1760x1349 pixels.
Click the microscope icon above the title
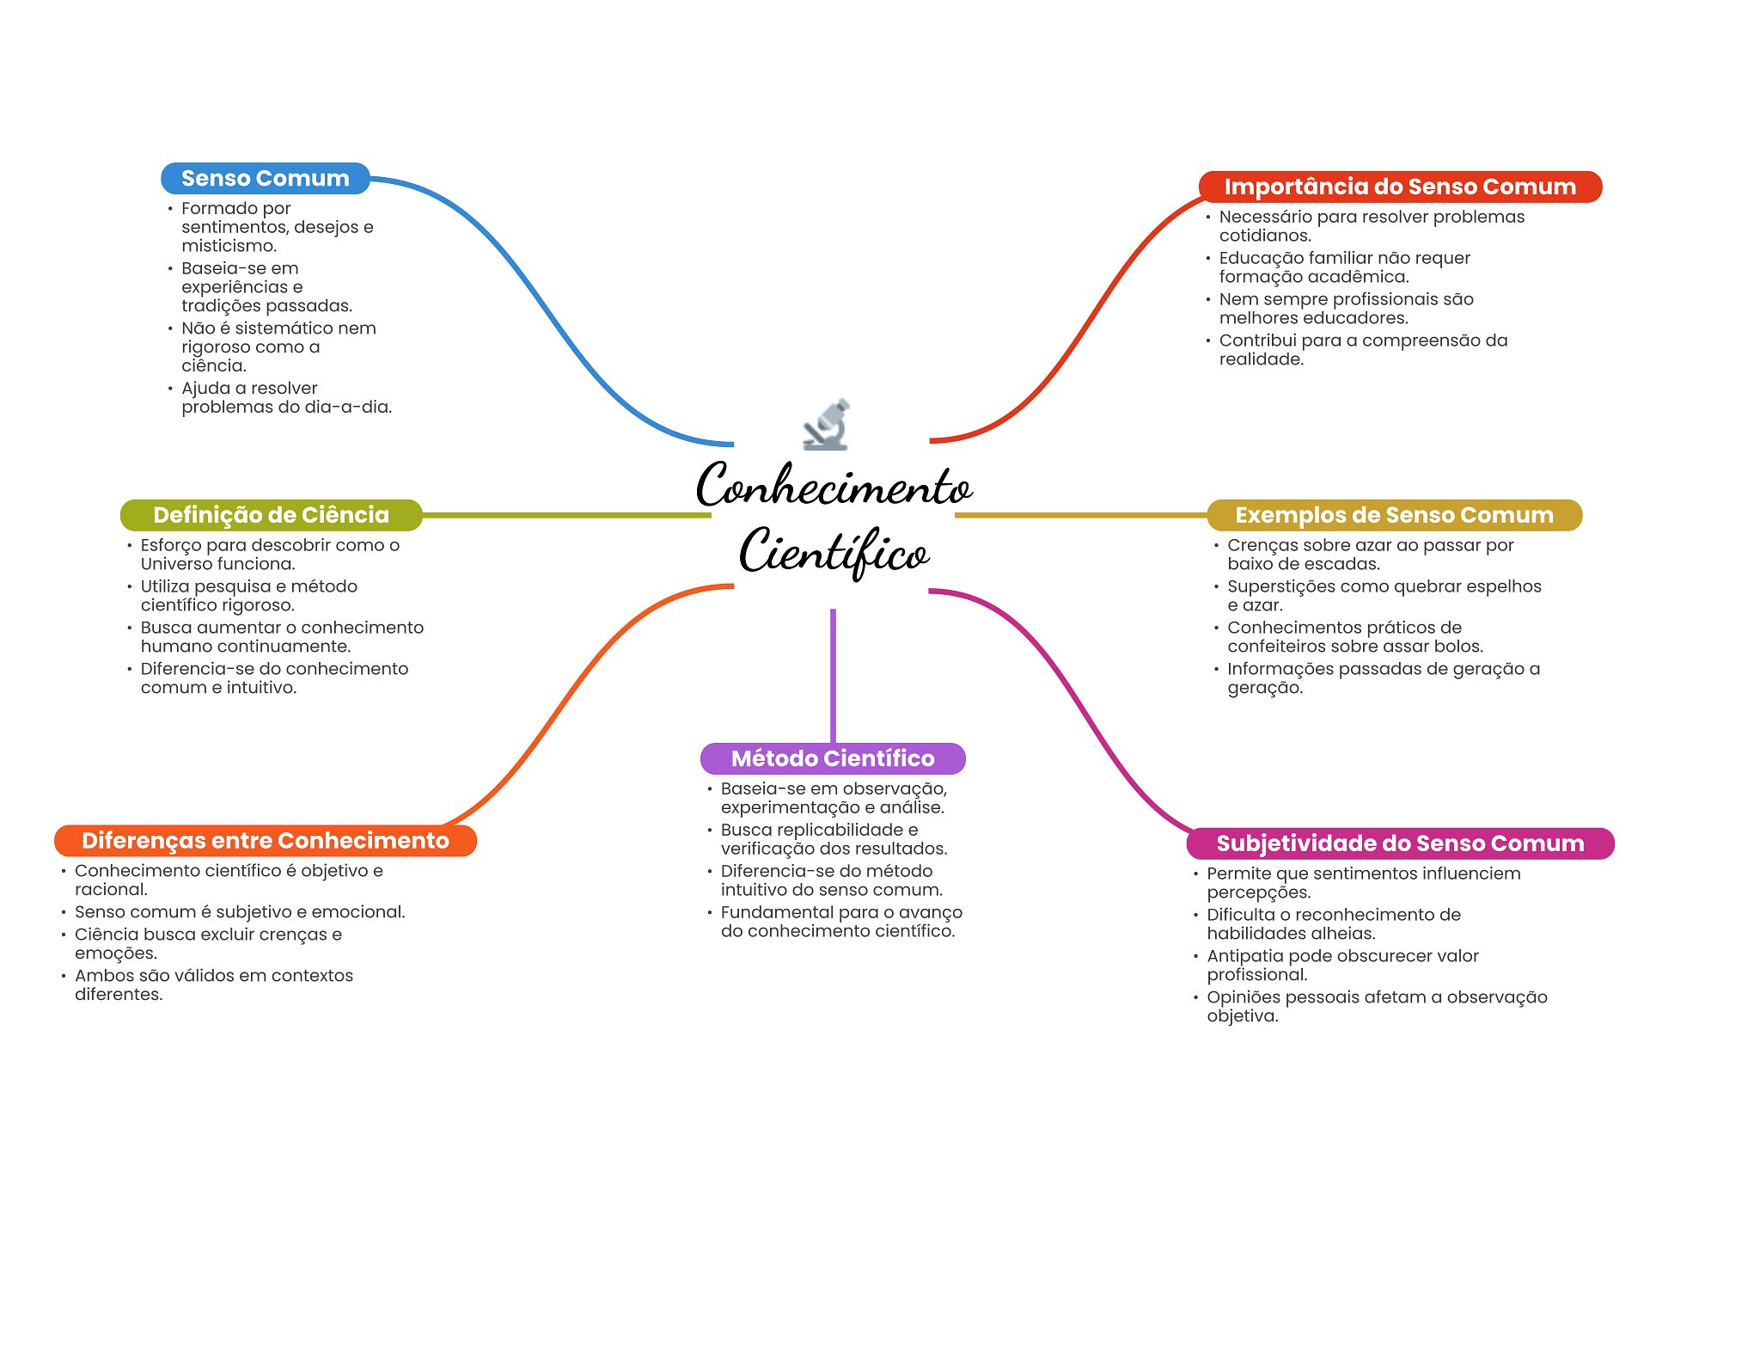tap(827, 424)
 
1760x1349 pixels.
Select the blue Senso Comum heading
tap(265, 179)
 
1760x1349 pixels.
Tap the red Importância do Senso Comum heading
tap(1399, 187)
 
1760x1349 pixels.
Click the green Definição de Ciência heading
tap(271, 515)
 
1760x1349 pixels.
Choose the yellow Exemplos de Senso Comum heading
tap(1393, 515)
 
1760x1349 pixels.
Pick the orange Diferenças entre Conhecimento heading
tap(265, 841)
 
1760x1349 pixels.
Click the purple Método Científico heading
tap(832, 758)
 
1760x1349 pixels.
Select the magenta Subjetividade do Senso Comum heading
tap(1399, 843)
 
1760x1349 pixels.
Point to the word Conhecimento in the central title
tap(834, 486)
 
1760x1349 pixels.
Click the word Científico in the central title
tap(834, 552)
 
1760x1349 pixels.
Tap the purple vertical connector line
tap(833, 675)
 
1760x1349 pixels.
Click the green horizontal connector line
tap(567, 515)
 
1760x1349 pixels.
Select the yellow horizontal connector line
tap(1080, 515)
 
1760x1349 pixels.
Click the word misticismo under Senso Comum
tap(228, 246)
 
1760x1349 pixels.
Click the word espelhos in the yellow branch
tap(1503, 586)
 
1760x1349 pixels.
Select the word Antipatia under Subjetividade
tap(1243, 956)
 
